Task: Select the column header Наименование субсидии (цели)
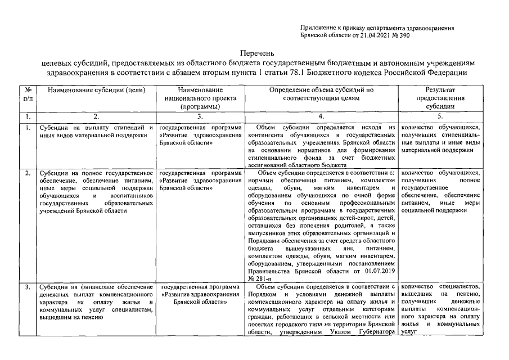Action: (97, 90)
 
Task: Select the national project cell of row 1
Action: (200, 136)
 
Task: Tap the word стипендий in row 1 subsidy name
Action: (115, 128)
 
